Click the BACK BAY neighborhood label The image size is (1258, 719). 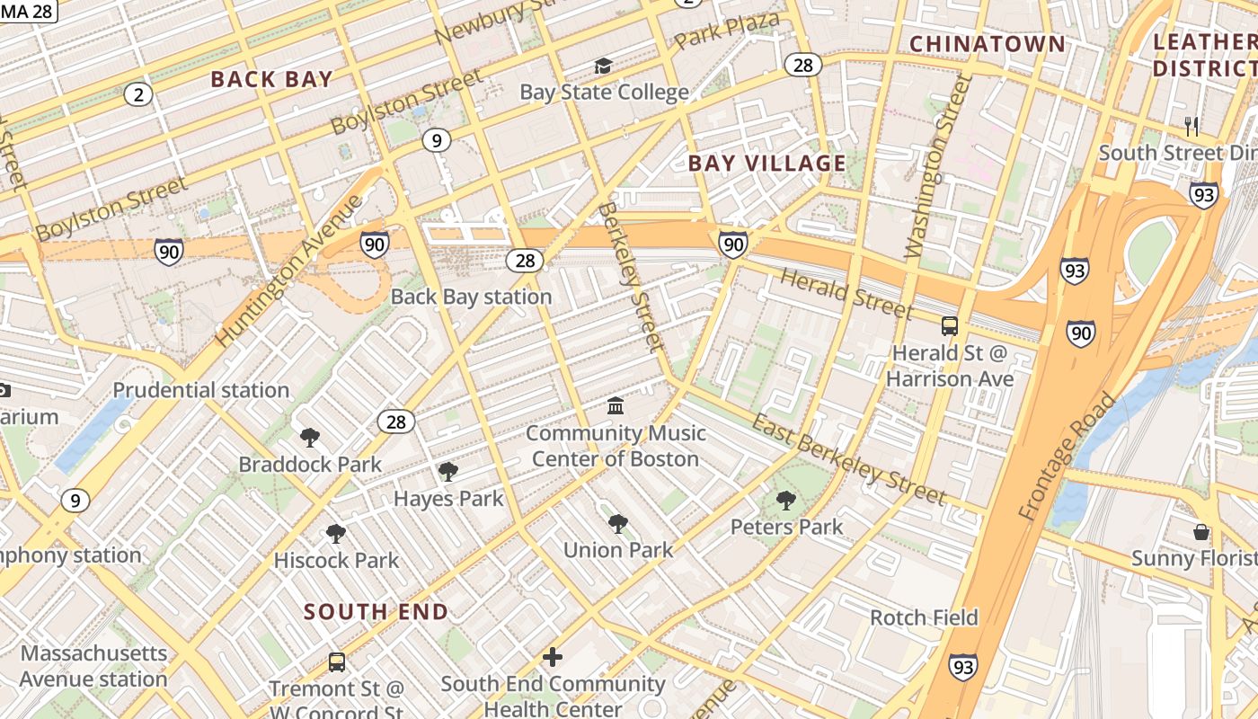click(x=271, y=79)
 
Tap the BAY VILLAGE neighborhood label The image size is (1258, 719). click(x=766, y=164)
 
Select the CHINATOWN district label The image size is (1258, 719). click(x=987, y=44)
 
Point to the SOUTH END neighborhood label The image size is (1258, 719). click(x=376, y=612)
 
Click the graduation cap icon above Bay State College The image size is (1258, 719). click(x=603, y=67)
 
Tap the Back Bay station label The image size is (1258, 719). click(x=471, y=297)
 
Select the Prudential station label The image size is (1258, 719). click(x=200, y=390)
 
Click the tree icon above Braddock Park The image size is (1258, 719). click(x=310, y=438)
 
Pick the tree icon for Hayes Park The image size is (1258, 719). click(x=447, y=472)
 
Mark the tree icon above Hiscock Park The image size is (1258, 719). click(x=336, y=534)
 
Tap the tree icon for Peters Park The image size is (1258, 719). click(x=786, y=501)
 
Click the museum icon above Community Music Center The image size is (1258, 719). click(x=616, y=406)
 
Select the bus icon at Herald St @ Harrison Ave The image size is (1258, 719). click(x=950, y=326)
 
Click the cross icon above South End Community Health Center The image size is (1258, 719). click(x=553, y=657)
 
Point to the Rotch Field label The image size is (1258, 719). click(x=924, y=617)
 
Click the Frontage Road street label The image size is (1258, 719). click(x=1067, y=457)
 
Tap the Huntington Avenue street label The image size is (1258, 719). click(x=289, y=270)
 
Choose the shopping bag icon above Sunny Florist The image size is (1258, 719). click(x=1201, y=532)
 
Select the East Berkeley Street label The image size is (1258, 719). click(x=849, y=460)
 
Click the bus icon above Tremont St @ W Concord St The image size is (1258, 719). click(x=337, y=662)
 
